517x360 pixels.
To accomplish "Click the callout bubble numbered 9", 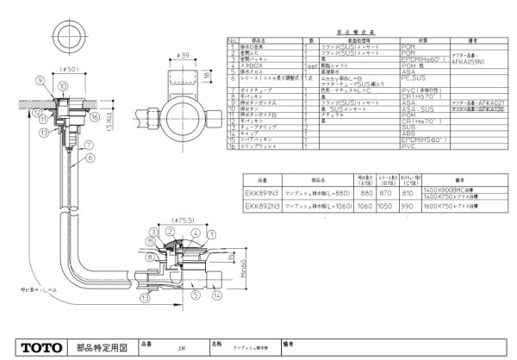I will [40, 80].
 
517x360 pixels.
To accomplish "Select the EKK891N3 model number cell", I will [261, 195].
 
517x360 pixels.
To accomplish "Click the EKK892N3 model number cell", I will [261, 207].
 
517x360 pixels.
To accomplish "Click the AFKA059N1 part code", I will [468, 63].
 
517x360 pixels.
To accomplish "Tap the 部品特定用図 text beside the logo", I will [101, 347].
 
